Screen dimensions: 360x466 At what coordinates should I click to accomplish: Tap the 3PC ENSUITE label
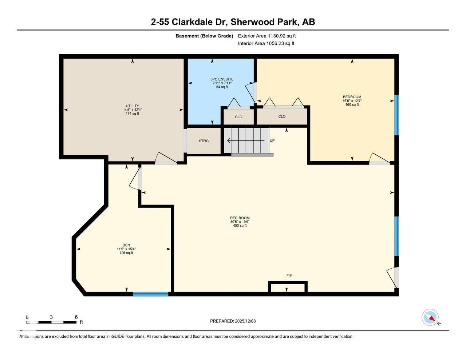point(222,79)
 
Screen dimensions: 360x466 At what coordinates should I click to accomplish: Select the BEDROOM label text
point(352,97)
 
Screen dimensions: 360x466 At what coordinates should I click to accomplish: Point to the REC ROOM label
point(240,218)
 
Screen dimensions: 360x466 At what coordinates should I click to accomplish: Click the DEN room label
point(126,245)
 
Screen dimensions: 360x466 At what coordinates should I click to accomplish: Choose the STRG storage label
point(204,141)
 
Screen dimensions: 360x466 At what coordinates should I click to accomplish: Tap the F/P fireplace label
point(289,276)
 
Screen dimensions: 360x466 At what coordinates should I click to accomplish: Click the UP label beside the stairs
point(272,141)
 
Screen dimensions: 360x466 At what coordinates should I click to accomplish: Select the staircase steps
point(246,141)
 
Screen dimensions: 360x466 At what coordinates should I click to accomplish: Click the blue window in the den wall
point(150,294)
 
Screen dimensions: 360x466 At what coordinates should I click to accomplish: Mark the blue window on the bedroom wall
point(396,115)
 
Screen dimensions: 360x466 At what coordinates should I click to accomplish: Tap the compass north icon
point(430,317)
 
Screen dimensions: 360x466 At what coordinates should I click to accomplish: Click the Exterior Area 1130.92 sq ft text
point(266,36)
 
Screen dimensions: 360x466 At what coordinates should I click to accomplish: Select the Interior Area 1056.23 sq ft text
point(266,43)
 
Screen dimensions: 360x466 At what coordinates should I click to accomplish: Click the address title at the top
point(233,22)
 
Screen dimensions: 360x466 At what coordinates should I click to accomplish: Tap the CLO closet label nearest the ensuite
point(238,117)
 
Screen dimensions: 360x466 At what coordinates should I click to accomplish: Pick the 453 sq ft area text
point(240,226)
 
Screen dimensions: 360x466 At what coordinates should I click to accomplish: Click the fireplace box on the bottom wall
point(288,287)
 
